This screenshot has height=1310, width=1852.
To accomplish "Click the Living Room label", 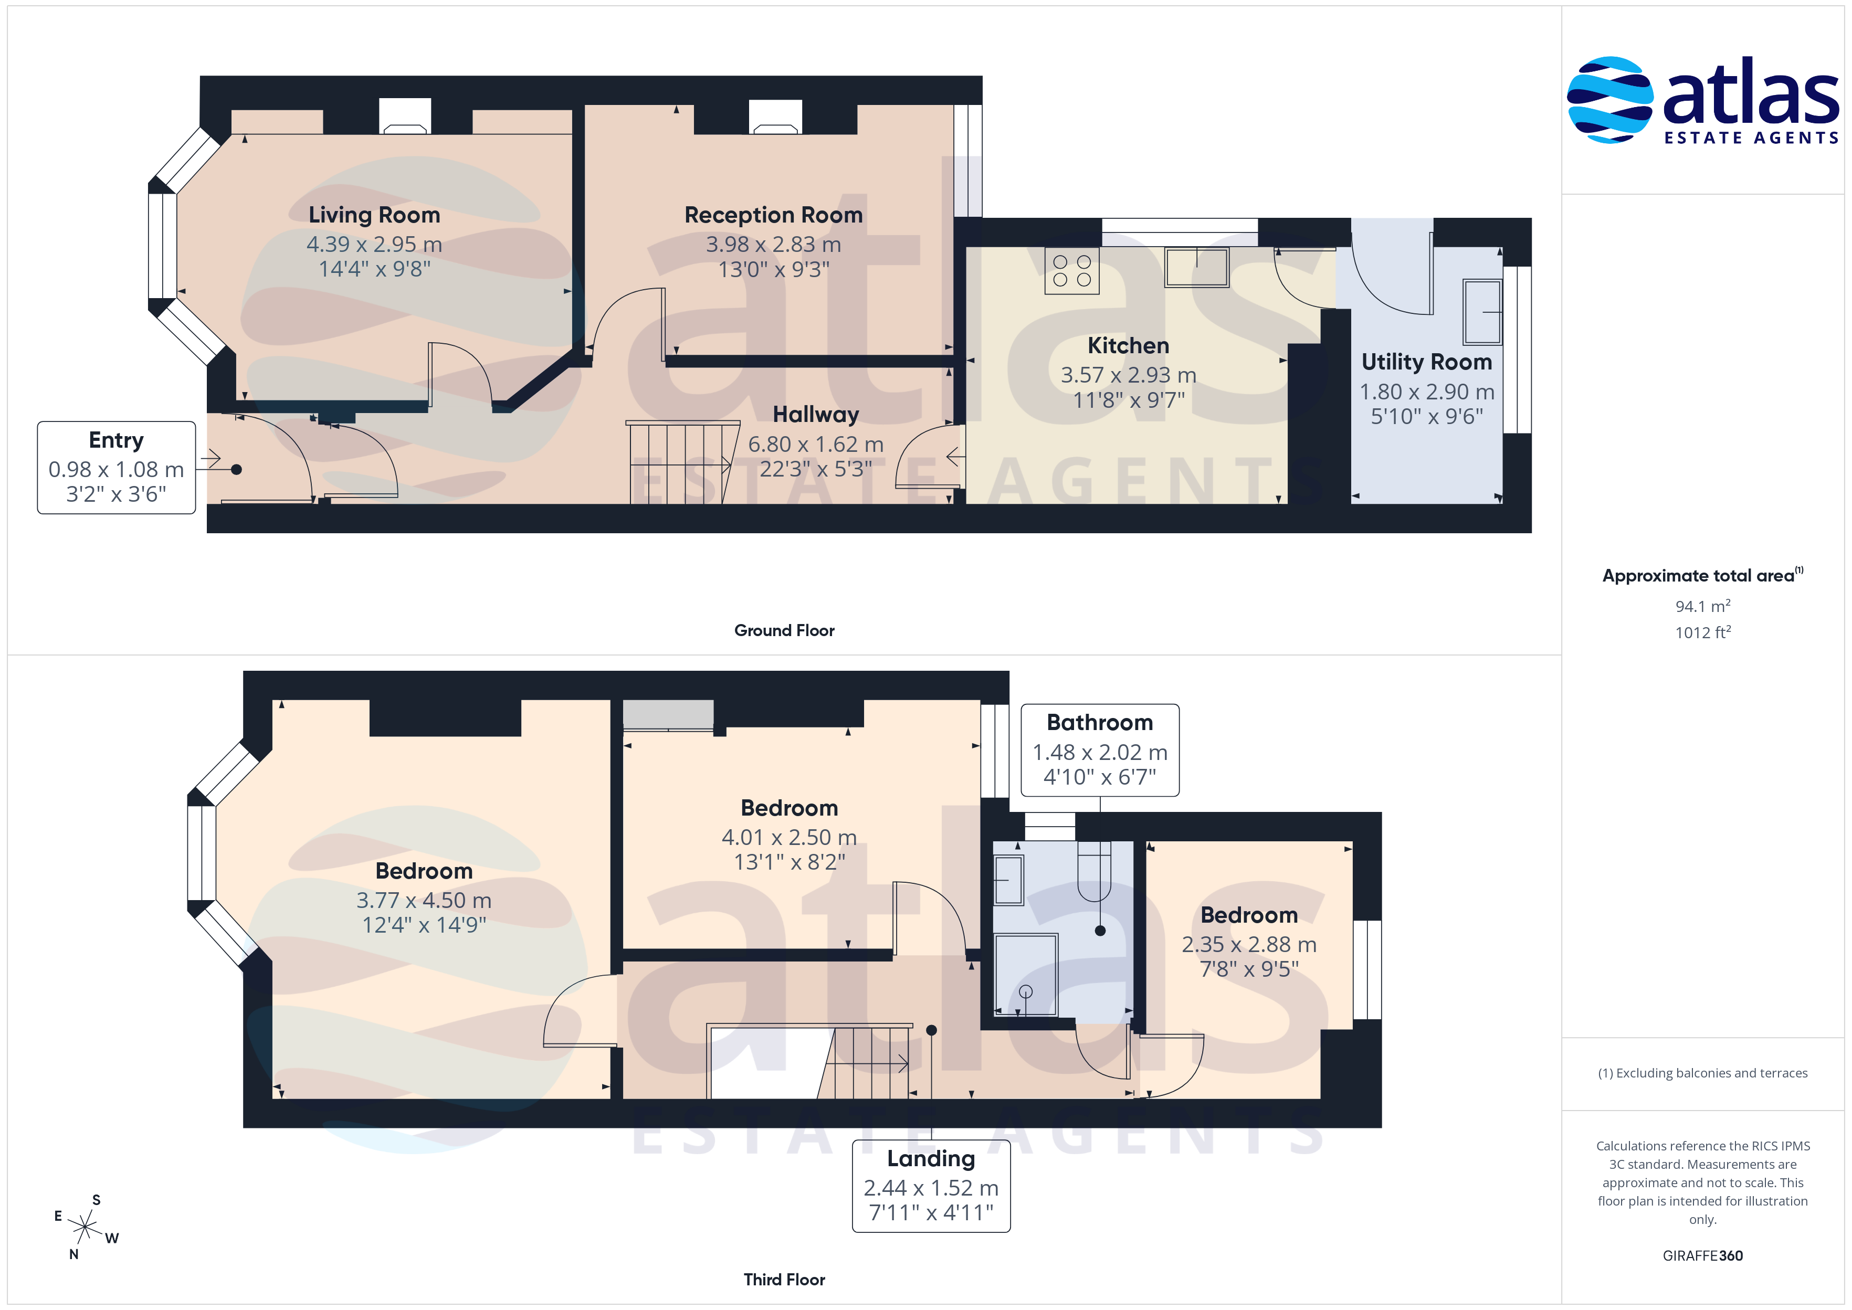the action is point(374,215).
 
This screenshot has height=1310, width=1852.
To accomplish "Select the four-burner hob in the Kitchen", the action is point(1071,271).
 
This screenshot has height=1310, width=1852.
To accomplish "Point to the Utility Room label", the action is point(1426,362).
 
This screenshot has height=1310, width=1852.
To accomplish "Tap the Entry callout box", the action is point(116,467).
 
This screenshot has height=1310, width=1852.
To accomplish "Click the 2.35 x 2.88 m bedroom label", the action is point(1249,915).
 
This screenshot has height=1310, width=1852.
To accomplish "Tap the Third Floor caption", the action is point(784,1280).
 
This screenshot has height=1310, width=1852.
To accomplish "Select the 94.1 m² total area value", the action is point(1703,606).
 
